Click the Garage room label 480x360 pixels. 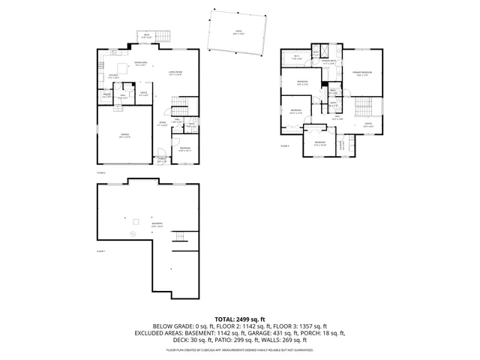125,136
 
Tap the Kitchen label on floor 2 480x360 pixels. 113,77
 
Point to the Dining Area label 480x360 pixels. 140,65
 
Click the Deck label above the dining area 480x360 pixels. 147,36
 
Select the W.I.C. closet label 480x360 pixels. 297,57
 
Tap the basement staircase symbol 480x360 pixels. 180,238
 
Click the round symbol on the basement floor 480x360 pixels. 133,234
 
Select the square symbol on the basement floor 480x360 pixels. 136,220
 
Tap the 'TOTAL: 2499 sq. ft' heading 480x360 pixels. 239,319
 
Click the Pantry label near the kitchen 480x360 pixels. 106,96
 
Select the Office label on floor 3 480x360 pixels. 367,125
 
